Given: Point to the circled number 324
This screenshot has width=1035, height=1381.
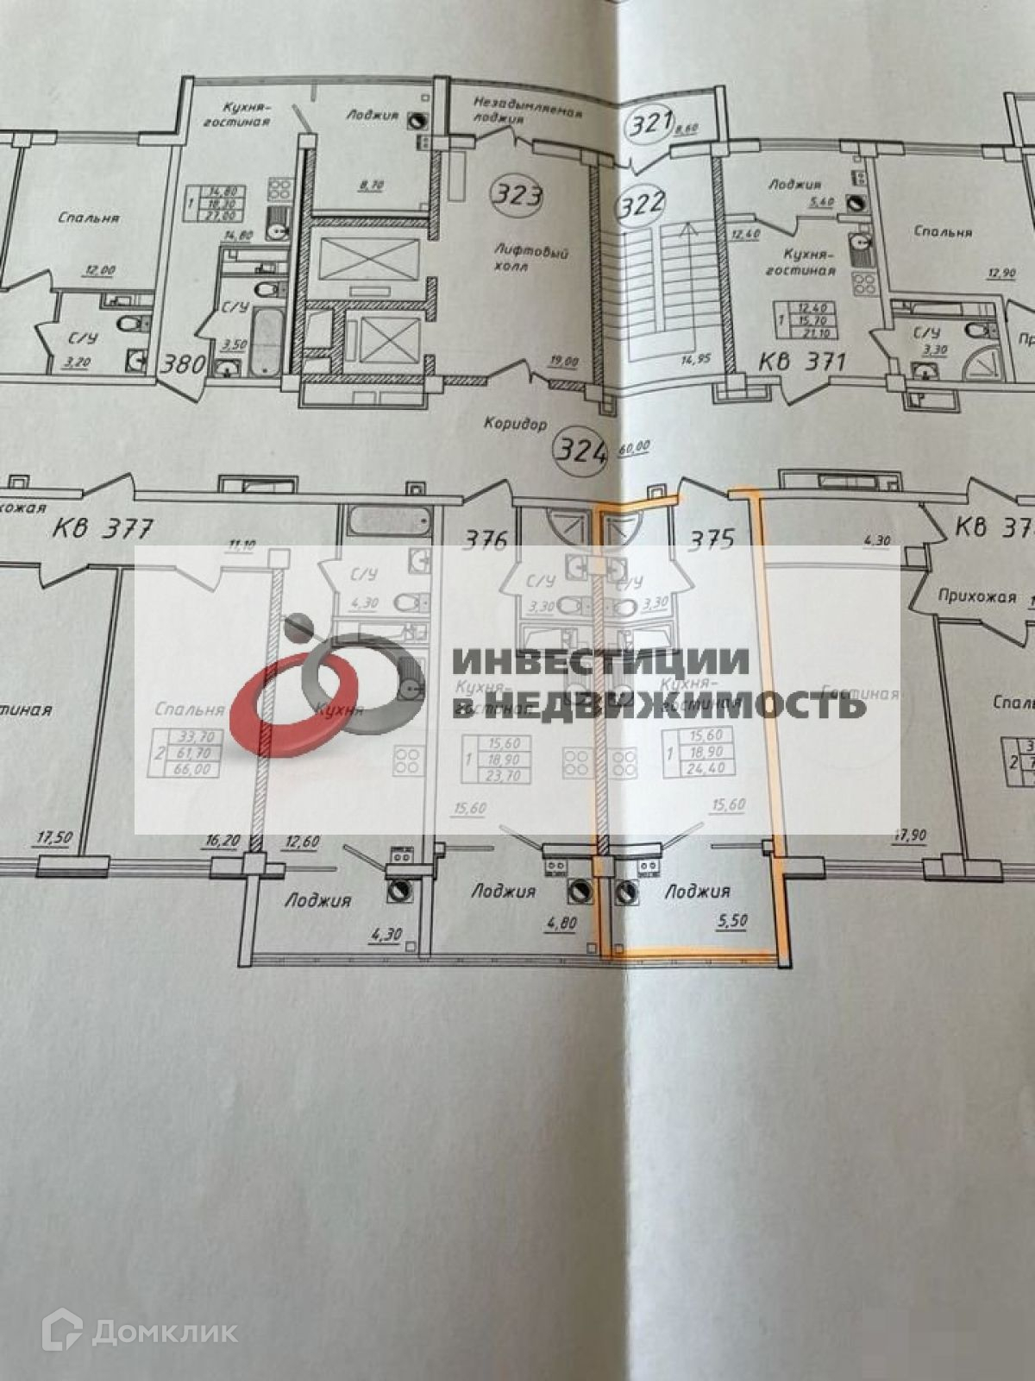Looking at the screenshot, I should point(581,450).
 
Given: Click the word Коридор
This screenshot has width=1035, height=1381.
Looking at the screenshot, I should point(515,424).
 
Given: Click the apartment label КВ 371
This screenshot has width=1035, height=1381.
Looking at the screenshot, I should point(801,362).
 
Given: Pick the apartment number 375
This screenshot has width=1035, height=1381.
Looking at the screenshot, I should point(711,539).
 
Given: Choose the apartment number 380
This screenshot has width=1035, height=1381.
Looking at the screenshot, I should point(185,363).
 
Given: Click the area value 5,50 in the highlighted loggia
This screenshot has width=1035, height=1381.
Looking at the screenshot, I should point(731,920).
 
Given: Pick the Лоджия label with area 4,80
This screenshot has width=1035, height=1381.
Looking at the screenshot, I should point(504,891).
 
